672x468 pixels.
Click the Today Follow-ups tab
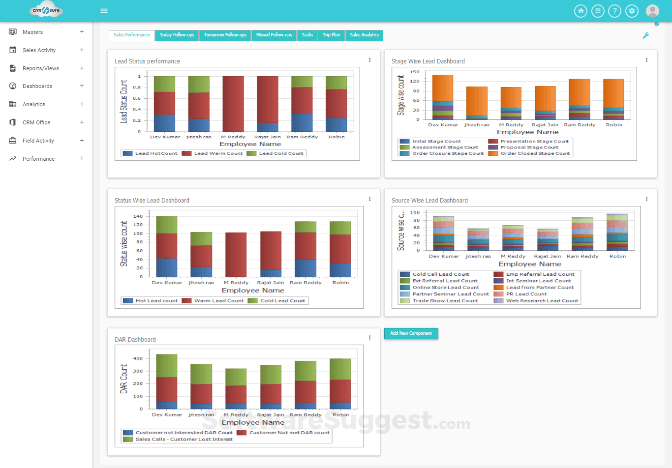click(177, 35)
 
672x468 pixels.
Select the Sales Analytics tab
click(364, 35)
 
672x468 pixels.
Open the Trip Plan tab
click(331, 35)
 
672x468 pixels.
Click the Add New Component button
click(411, 333)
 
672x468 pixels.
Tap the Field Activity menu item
click(38, 141)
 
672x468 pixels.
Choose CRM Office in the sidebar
click(36, 122)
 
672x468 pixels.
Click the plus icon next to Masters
click(82, 32)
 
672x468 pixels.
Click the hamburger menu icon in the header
click(104, 11)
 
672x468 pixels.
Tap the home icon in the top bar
click(580, 11)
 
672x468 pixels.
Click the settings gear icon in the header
click(632, 11)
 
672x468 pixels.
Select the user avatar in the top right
click(652, 11)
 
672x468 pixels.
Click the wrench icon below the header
click(645, 35)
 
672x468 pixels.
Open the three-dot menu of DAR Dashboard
click(369, 338)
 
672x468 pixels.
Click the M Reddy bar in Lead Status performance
click(233, 103)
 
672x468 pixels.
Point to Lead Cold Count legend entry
click(281, 153)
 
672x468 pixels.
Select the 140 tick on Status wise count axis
click(138, 216)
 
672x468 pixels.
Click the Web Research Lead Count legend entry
click(542, 300)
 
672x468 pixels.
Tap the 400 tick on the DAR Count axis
click(138, 358)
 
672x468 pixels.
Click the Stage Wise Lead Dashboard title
click(428, 61)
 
